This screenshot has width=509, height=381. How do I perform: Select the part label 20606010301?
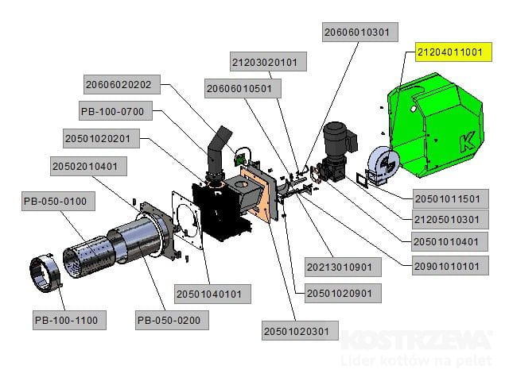(357, 33)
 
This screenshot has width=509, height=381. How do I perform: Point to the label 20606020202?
(123, 83)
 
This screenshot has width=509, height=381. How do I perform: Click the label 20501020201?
(102, 139)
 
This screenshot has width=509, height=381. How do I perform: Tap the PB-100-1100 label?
(66, 320)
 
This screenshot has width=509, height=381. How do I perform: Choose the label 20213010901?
(341, 265)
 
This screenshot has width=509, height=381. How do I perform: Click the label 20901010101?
(447, 267)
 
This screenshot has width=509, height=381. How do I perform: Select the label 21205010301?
(447, 219)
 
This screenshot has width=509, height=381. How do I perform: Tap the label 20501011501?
(447, 198)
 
